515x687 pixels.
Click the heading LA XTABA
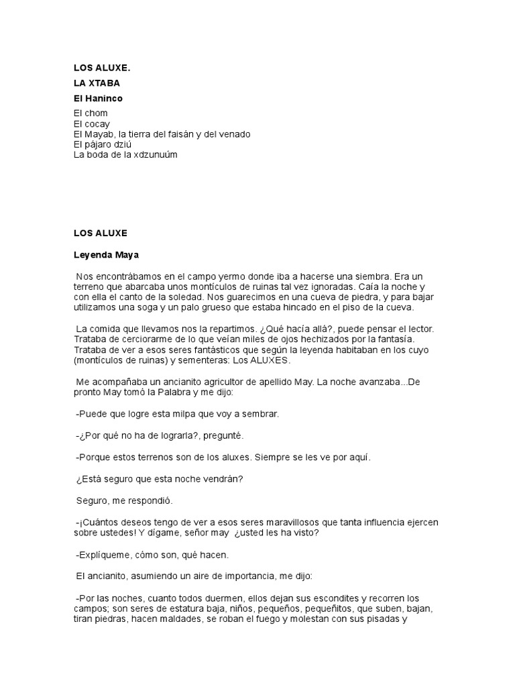97,83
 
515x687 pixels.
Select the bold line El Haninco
98,98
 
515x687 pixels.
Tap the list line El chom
91,113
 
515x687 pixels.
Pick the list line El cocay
92,123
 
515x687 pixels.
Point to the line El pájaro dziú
103,144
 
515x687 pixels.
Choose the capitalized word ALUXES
270,360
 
